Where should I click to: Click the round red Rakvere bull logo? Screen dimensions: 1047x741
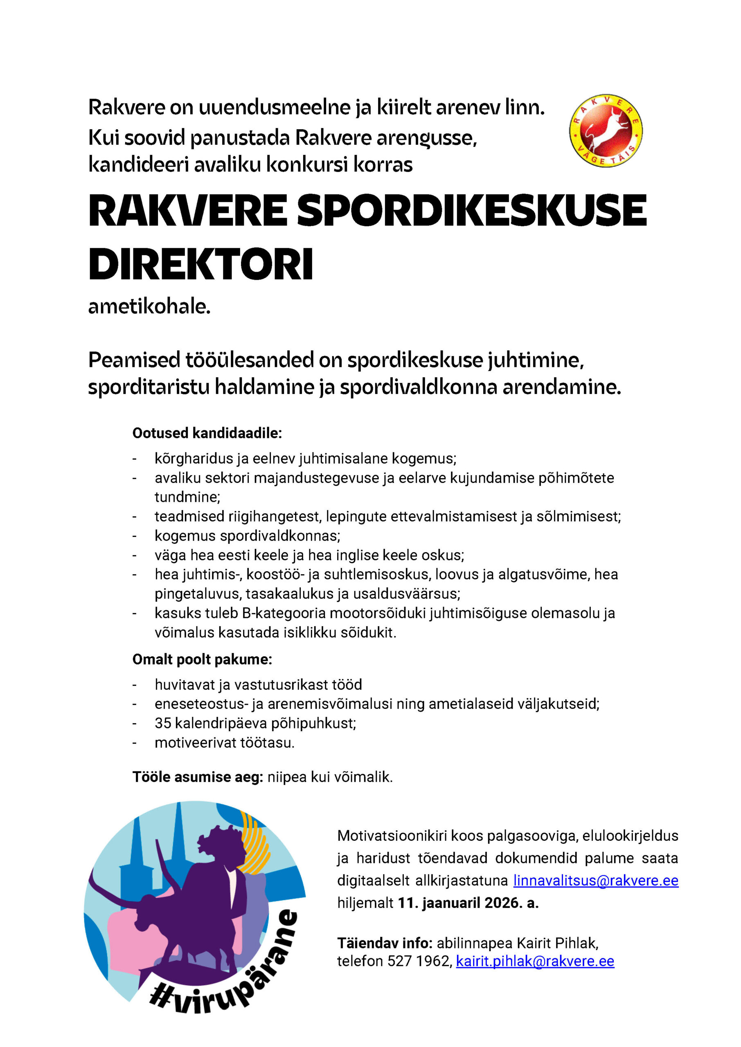coord(606,131)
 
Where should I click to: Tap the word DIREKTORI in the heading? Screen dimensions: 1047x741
coord(201,265)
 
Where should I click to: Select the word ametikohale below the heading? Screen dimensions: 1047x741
coord(149,307)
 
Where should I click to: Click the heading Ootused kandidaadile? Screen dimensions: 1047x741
coord(207,433)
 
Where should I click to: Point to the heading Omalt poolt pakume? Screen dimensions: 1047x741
coord(202,659)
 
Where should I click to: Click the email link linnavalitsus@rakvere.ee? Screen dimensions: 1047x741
coord(595,880)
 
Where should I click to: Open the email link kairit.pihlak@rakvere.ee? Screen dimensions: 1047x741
coord(535,961)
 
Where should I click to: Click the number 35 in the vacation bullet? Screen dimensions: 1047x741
coord(163,723)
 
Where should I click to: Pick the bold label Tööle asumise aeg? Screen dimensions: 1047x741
coord(198,777)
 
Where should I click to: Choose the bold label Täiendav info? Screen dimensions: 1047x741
coord(385,943)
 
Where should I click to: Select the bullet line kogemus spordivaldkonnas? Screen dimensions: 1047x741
coord(247,536)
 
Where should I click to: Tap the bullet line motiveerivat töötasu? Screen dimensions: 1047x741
coord(225,743)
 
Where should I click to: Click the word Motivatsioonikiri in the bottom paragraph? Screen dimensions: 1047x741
coord(392,836)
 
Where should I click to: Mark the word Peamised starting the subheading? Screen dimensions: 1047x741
coord(134,360)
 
